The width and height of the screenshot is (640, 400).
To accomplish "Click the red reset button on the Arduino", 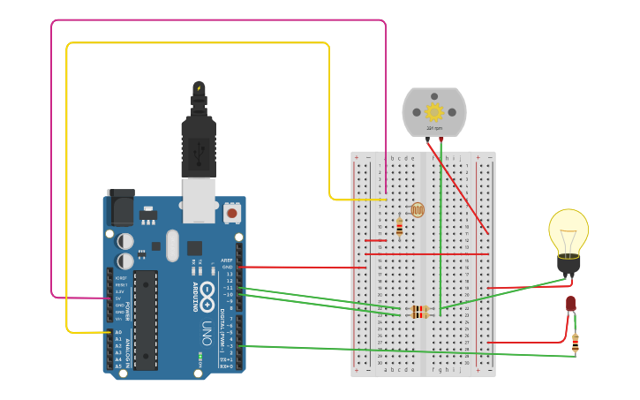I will [x=232, y=213].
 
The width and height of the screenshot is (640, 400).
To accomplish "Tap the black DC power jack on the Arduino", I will [x=120, y=210].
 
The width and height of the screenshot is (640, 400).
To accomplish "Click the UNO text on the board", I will [x=207, y=332].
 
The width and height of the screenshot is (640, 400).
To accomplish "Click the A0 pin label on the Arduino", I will [x=118, y=333].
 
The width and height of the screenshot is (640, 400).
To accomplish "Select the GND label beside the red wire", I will [x=228, y=267].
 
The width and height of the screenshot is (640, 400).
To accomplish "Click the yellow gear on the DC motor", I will [x=433, y=112].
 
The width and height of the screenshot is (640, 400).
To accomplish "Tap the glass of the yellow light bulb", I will [x=568, y=230].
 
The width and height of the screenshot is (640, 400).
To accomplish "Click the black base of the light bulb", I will [x=568, y=264].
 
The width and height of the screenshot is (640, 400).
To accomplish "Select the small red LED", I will [x=570, y=304].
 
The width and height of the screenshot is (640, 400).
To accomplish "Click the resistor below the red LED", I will [x=575, y=343].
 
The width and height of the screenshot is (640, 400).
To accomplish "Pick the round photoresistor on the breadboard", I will [x=418, y=209].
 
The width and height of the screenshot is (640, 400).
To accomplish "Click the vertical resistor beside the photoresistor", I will [x=399, y=228].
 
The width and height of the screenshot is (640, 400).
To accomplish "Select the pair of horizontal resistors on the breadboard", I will [x=419, y=312].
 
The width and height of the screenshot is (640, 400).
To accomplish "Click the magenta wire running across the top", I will [x=221, y=20].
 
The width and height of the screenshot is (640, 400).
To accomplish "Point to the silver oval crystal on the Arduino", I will [x=172, y=245].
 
